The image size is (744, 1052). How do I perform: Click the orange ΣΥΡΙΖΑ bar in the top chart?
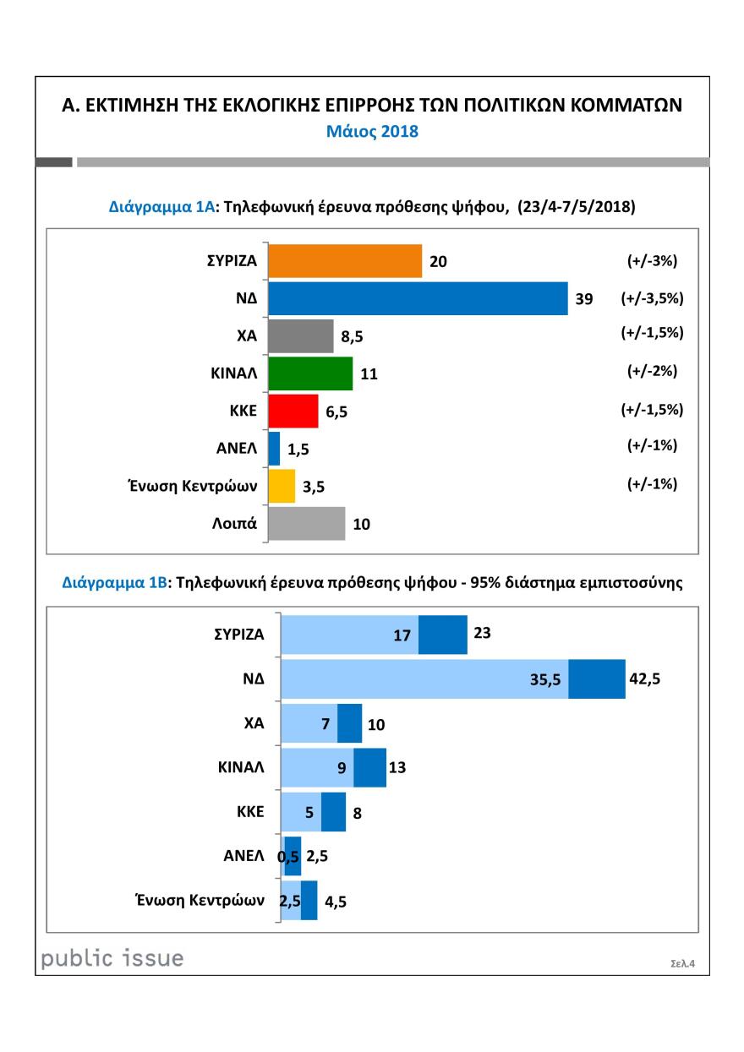pos(344,261)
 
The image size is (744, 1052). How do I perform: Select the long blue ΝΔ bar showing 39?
pos(417,298)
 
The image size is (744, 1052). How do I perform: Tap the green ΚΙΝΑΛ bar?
pos(309,373)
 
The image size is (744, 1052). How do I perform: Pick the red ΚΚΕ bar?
pos(293,411)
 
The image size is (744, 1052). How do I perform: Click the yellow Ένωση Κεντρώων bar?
pos(282,486)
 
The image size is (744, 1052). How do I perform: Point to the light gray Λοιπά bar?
pos(306,523)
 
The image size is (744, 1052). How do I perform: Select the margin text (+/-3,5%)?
pos(652,298)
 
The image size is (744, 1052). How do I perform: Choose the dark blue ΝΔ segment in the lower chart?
pos(596,679)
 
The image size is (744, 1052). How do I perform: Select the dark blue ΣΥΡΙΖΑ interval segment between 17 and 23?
pos(443,635)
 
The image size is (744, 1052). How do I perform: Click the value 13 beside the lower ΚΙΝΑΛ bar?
pos(397,767)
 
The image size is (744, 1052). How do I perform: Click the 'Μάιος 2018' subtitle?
pos(372,133)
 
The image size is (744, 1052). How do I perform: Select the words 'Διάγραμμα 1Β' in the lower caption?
pos(113,583)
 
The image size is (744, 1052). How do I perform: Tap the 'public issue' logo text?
pos(112,958)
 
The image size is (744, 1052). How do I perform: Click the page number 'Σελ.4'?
pos(681,962)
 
